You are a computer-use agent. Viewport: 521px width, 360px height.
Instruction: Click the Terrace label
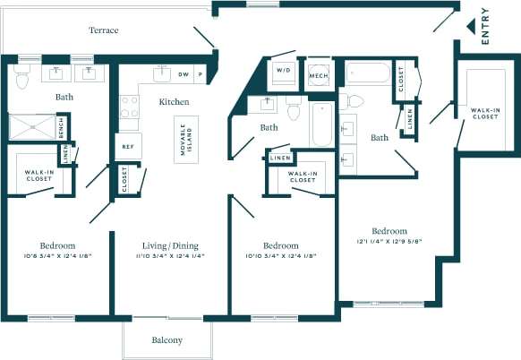pyautogui.click(x=104, y=30)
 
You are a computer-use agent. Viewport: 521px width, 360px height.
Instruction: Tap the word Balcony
pyautogui.click(x=167, y=340)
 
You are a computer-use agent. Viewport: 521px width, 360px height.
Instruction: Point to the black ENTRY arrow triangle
pyautogui.click(x=470, y=27)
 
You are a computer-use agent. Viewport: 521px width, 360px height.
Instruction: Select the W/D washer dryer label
pyautogui.click(x=284, y=70)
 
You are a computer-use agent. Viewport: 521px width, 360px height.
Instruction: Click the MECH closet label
pyautogui.click(x=319, y=76)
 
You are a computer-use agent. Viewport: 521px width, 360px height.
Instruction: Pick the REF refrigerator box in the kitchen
pyautogui.click(x=128, y=145)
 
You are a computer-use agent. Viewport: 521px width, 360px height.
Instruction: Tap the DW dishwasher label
pyautogui.click(x=184, y=74)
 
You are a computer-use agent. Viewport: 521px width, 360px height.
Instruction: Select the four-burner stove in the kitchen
pyautogui.click(x=130, y=107)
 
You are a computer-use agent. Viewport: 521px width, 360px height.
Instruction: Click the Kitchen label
pyautogui.click(x=174, y=102)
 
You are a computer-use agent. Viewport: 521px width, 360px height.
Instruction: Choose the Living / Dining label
pyautogui.click(x=170, y=245)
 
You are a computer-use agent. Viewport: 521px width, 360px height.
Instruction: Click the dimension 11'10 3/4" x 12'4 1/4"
pyautogui.click(x=170, y=257)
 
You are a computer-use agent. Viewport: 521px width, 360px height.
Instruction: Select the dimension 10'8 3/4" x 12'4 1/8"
pyautogui.click(x=56, y=257)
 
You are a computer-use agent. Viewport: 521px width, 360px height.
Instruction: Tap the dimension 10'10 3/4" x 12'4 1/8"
pyautogui.click(x=280, y=257)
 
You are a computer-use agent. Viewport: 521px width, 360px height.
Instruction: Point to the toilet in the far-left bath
pyautogui.click(x=22, y=76)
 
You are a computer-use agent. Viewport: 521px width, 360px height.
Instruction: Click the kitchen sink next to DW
pyautogui.click(x=162, y=73)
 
